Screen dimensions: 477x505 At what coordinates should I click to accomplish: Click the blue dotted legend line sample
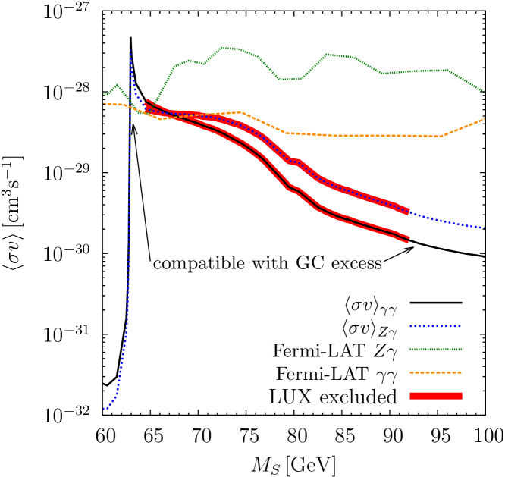coord(435,326)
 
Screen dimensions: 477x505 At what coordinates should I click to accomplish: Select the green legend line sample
coord(435,350)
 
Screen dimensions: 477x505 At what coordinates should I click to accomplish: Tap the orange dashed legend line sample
coord(435,372)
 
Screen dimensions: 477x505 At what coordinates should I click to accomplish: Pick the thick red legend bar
coord(435,396)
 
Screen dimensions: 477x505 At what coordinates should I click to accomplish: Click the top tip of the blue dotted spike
coord(130,51)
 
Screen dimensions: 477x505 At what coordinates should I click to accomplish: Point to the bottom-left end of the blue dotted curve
coord(104,410)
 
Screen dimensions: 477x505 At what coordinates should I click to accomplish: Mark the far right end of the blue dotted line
coord(484,228)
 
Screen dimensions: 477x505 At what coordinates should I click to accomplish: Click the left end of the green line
coord(104,94)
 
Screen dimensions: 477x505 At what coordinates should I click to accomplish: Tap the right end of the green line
coord(484,92)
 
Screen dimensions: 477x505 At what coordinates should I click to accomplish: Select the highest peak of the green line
coord(221,47)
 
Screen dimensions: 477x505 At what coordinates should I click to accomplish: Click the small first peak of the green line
coord(117,85)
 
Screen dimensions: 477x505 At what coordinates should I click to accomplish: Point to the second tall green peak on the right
coord(327,54)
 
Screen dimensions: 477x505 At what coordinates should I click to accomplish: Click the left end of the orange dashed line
coord(104,104)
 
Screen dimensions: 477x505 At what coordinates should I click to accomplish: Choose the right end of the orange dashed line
coord(484,119)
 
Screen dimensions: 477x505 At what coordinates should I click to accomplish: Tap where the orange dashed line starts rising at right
coord(441,137)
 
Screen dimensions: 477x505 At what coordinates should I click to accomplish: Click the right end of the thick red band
coord(408,211)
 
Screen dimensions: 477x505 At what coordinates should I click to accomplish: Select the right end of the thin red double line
coord(409,240)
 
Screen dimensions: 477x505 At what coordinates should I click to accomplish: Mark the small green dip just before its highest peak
coord(204,64)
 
